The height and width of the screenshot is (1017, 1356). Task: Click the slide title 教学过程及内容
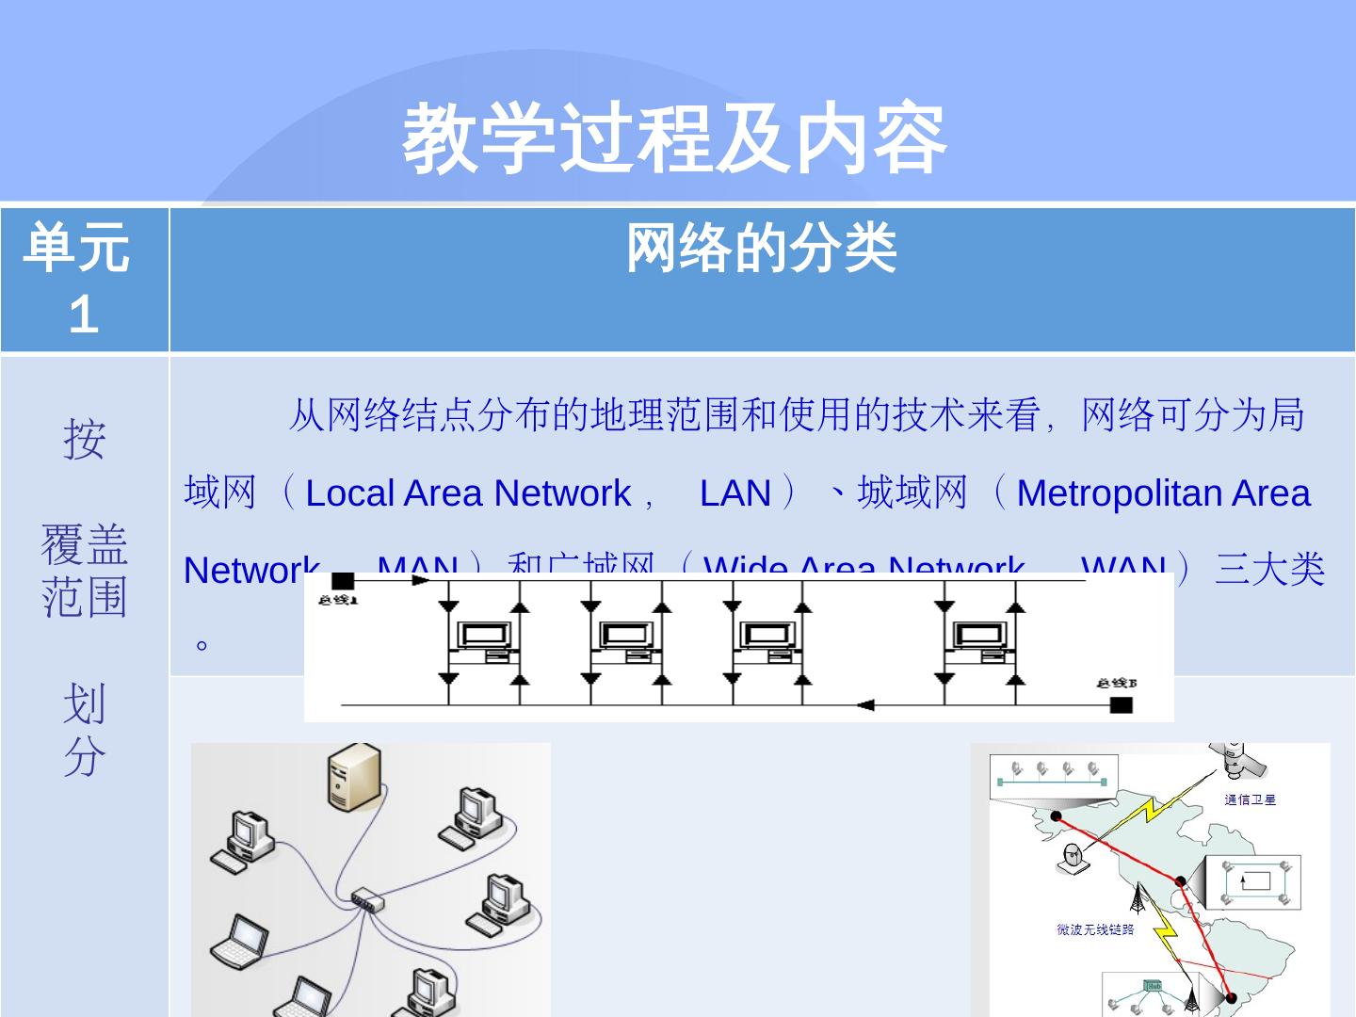pos(674,139)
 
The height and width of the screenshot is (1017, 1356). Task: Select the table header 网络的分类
pos(761,250)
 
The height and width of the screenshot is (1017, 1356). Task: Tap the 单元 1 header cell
pos(84,280)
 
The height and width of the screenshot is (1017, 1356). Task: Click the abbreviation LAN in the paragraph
pos(735,493)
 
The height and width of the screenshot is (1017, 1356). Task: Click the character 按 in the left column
pos(84,440)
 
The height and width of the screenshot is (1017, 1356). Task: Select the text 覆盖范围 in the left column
pos(84,571)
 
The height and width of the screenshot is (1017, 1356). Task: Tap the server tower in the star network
pos(355,777)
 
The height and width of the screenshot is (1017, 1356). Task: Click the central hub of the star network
pos(367,900)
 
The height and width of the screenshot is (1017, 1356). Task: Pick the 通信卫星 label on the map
pos(1250,799)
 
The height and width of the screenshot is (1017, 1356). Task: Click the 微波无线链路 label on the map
pos(1095,929)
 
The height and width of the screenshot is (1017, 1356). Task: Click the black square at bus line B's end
pos(1121,704)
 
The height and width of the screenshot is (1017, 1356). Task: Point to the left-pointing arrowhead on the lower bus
pos(864,704)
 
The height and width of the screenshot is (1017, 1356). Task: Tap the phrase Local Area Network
pos(467,493)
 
